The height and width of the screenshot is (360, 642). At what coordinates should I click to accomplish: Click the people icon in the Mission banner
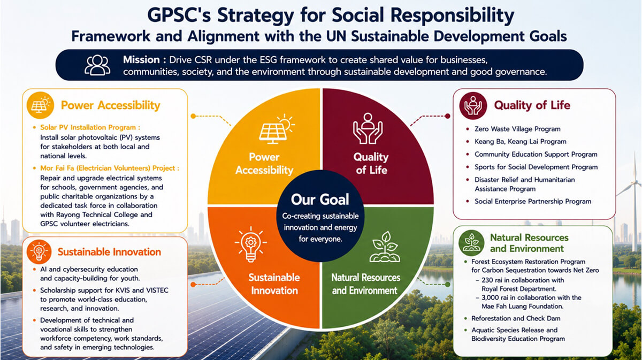pyautogui.click(x=97, y=65)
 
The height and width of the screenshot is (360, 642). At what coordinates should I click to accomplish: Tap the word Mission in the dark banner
pyautogui.click(x=141, y=59)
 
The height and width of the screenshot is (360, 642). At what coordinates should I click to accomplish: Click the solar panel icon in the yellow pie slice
pyautogui.click(x=277, y=129)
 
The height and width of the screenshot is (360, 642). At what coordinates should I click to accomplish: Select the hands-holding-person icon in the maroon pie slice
pyautogui.click(x=368, y=128)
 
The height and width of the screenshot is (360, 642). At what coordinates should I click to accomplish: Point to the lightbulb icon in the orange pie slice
pyautogui.click(x=251, y=244)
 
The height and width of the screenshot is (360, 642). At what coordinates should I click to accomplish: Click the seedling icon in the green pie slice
pyautogui.click(x=385, y=247)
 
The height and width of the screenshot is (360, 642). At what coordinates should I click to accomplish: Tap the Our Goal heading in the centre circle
pyautogui.click(x=320, y=200)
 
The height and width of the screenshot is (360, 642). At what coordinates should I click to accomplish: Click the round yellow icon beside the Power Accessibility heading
pyautogui.click(x=40, y=105)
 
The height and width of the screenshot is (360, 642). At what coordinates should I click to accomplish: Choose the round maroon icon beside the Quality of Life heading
pyautogui.click(x=473, y=105)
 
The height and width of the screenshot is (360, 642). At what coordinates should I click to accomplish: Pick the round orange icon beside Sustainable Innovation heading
pyautogui.click(x=39, y=252)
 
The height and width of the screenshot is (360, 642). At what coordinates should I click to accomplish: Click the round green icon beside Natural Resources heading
pyautogui.click(x=471, y=243)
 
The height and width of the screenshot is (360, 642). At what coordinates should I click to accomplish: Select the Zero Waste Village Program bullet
pyautogui.click(x=517, y=129)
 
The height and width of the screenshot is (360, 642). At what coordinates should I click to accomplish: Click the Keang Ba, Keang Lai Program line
pyautogui.click(x=521, y=142)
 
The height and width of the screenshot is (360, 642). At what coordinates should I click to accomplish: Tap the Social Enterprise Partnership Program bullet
pyautogui.click(x=533, y=201)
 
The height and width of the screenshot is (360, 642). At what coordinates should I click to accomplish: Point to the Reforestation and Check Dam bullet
pyautogui.click(x=516, y=318)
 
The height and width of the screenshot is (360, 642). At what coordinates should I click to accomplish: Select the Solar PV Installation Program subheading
pyautogui.click(x=90, y=127)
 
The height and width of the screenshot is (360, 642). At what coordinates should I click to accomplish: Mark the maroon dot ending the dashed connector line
pyautogui.click(x=447, y=116)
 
